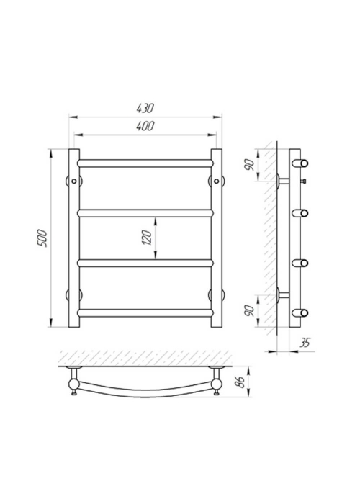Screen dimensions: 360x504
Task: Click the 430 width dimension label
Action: tap(145, 108)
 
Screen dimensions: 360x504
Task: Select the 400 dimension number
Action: tap(145, 126)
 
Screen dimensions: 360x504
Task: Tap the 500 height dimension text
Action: tap(42, 238)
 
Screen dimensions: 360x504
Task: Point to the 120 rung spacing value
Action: tap(147, 238)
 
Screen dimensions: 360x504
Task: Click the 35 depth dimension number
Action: tap(305, 343)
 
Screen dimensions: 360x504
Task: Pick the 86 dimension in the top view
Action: tap(240, 382)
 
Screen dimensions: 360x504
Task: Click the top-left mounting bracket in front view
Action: tap(74, 181)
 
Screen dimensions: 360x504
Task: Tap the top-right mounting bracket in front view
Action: tap(216, 181)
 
